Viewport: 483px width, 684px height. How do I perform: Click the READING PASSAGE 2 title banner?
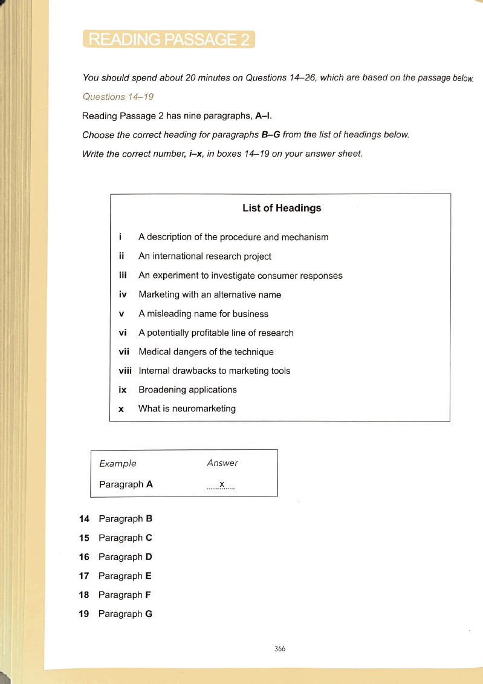(169, 39)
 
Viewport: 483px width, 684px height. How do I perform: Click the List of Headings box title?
(282, 208)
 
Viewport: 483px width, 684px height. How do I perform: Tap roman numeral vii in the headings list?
(124, 352)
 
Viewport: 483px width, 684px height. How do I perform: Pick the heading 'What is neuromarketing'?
(187, 409)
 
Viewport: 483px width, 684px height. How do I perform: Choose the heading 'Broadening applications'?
(187, 390)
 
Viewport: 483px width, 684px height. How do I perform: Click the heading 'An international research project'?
(205, 256)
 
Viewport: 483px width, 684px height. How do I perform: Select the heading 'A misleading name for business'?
(203, 314)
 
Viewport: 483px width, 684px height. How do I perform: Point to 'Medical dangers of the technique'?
(206, 352)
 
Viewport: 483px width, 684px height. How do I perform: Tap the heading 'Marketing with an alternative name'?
(210, 295)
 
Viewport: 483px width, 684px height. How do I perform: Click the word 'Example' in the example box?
(118, 463)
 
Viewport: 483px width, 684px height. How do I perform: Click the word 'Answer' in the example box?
(222, 463)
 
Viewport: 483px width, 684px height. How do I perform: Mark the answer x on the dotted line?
(222, 484)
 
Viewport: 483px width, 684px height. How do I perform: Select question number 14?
(85, 519)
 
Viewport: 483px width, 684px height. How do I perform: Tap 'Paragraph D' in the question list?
(125, 557)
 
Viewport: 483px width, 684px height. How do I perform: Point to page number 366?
(279, 649)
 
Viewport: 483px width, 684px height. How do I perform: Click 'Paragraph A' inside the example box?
(126, 484)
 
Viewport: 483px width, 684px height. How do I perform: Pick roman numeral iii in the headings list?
(123, 276)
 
